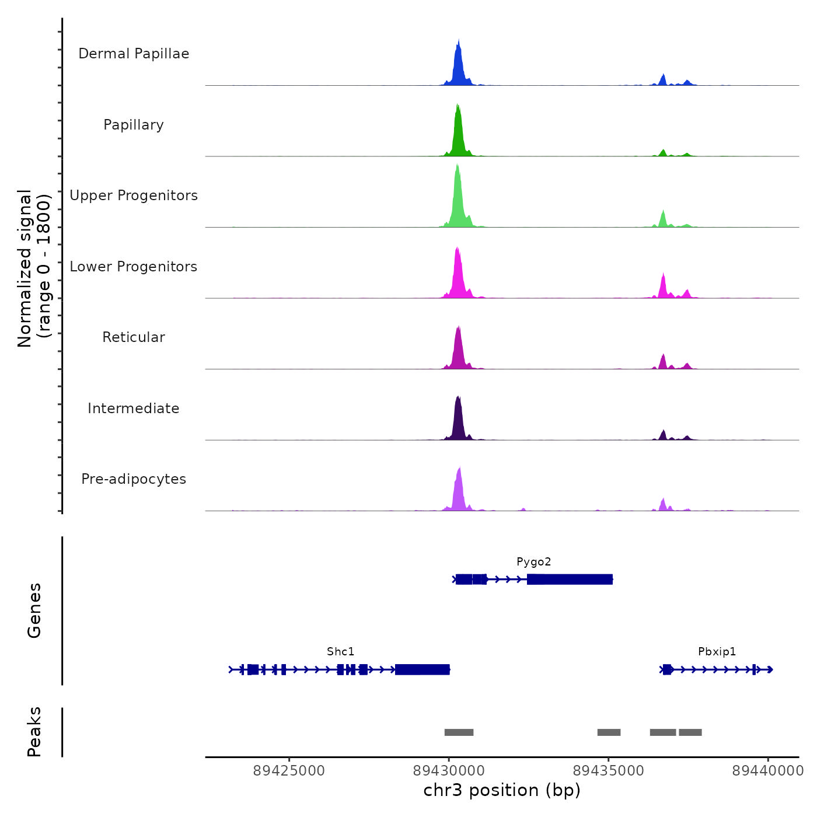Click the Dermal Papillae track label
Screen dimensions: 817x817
click(x=134, y=54)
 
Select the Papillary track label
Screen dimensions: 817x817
click(x=134, y=125)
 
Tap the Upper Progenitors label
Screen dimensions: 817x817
click(x=134, y=195)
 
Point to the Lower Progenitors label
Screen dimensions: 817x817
click(x=134, y=267)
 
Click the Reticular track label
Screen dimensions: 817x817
click(x=134, y=337)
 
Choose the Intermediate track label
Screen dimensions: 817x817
click(x=134, y=408)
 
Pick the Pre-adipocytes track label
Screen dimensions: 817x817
click(x=134, y=479)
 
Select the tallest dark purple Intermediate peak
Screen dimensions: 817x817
click(x=458, y=417)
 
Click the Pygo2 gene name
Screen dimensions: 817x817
click(x=533, y=562)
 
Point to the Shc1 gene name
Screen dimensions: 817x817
click(x=341, y=652)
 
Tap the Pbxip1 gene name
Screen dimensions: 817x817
click(x=717, y=652)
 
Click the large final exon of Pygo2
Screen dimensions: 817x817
click(x=570, y=579)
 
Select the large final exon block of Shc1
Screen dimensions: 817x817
click(x=422, y=669)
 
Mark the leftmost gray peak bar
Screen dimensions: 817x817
click(x=459, y=732)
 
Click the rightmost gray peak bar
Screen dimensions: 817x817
click(x=690, y=732)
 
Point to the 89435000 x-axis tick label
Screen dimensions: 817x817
click(x=609, y=771)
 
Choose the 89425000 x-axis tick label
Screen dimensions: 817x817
click(x=289, y=771)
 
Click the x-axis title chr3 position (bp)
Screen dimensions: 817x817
click(x=502, y=791)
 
